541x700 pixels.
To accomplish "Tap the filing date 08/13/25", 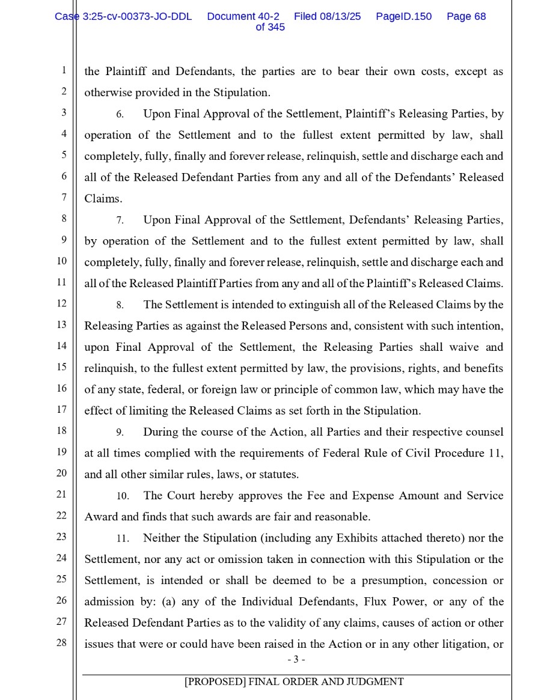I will (x=340, y=17).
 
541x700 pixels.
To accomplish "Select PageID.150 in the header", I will (x=403, y=17).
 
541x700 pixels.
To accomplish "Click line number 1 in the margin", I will (x=64, y=70).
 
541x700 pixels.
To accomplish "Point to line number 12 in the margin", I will (x=62, y=303).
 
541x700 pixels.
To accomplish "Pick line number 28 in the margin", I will (x=62, y=642).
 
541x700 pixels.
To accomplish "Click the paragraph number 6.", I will (x=120, y=114).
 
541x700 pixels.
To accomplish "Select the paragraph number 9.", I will (x=120, y=433).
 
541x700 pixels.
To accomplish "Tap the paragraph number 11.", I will (x=123, y=538).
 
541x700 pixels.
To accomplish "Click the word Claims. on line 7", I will (x=103, y=199).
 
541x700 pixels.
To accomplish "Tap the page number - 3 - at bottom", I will (x=296, y=660).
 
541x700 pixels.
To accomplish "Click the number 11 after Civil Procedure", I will (x=496, y=453).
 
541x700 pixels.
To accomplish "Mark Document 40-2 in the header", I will (x=243, y=17).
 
